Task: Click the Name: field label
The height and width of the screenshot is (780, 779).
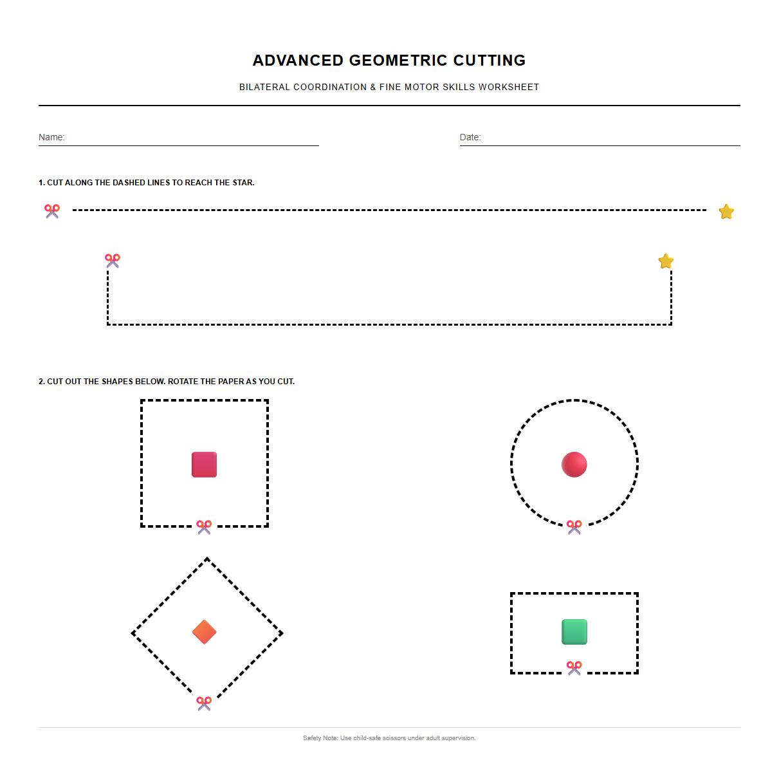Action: click(x=51, y=137)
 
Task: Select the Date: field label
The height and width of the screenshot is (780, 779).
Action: click(x=470, y=137)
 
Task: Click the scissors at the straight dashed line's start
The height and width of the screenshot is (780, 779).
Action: click(x=52, y=210)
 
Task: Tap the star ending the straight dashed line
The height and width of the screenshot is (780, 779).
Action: click(x=726, y=212)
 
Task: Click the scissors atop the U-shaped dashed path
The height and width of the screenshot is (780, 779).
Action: click(x=113, y=260)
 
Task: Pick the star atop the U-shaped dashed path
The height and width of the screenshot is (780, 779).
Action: click(x=666, y=261)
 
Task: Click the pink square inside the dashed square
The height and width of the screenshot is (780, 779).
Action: click(x=204, y=464)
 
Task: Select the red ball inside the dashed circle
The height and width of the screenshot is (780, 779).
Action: click(x=574, y=464)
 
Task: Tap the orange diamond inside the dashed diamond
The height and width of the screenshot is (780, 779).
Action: click(x=204, y=632)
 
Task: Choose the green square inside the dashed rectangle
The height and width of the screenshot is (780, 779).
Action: click(x=574, y=631)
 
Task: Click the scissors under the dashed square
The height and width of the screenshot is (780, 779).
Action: click(x=204, y=527)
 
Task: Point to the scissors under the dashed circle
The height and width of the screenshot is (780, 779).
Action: click(x=574, y=527)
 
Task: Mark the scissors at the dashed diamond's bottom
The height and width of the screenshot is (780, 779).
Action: click(x=204, y=703)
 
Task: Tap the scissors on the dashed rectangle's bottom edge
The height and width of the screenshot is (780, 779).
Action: click(x=574, y=668)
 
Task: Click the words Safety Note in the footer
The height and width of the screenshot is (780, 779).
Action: click(x=320, y=738)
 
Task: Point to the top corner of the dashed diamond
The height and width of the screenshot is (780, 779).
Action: click(x=206, y=559)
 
